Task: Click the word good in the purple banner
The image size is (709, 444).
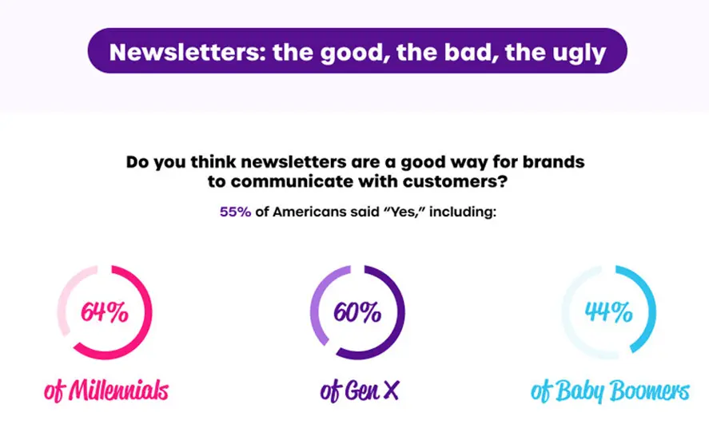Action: (355, 54)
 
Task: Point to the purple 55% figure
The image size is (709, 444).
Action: (235, 212)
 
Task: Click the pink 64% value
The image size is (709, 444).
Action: (105, 312)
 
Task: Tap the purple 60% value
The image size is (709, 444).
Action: (357, 312)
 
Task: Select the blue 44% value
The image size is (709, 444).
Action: (608, 311)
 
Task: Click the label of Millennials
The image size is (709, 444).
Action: (106, 390)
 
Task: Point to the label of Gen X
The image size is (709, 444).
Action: (360, 391)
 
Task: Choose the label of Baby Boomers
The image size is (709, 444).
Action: (611, 391)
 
